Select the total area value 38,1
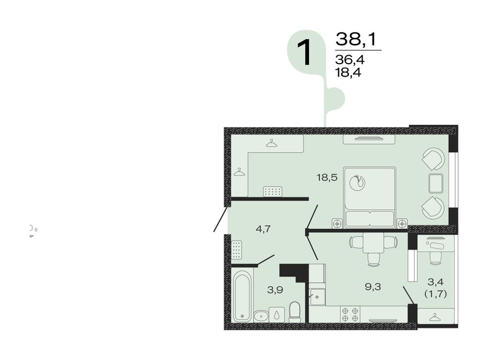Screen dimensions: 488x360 tap(356, 39)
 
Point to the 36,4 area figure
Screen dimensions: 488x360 tap(350, 60)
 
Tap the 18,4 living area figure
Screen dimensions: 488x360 tap(348, 73)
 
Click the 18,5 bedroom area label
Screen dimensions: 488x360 tap(327, 178)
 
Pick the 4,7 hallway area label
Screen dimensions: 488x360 tap(263, 230)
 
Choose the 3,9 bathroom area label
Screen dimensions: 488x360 tap(275, 290)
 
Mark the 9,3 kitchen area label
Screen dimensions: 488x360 tap(373, 287)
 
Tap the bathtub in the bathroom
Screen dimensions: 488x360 tap(243, 296)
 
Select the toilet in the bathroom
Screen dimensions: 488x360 tap(294, 312)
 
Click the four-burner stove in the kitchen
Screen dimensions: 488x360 tap(350, 314)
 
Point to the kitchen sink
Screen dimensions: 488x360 tap(317, 297)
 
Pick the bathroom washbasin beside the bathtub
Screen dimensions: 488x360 tap(261, 316)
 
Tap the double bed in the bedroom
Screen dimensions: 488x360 tap(370, 197)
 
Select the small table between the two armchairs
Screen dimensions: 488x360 tap(436, 183)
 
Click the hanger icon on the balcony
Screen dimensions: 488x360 tap(435, 317)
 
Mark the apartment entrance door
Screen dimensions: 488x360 tap(220, 219)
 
